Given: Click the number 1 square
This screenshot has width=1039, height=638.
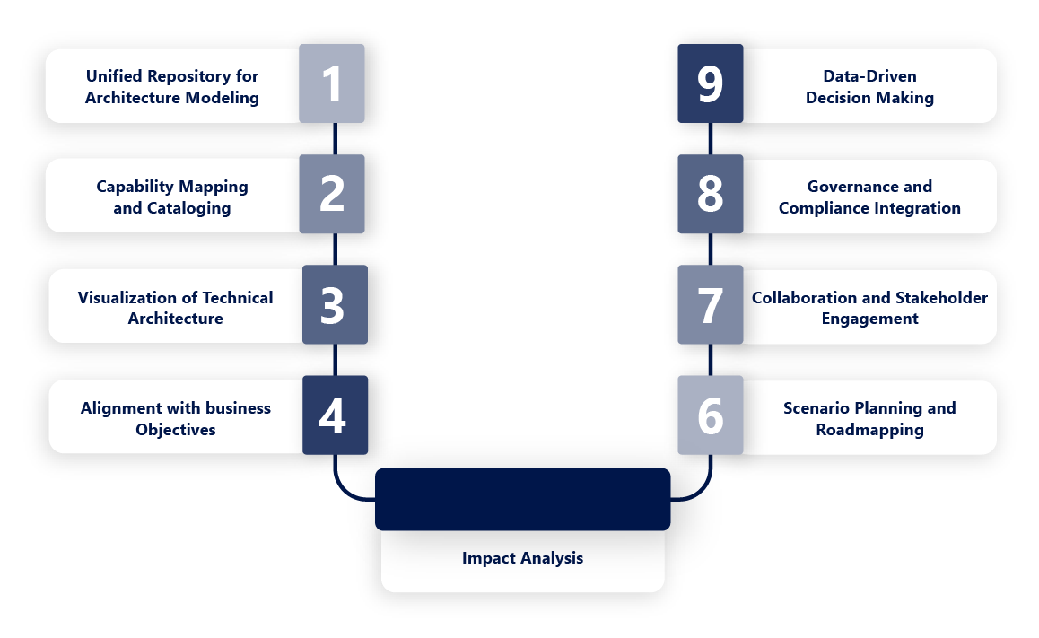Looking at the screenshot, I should point(332,83).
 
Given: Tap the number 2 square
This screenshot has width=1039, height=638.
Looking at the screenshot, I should point(332,194).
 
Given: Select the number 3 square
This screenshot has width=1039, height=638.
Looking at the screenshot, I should point(334,304).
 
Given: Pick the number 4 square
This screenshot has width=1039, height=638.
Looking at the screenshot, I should point(334,415).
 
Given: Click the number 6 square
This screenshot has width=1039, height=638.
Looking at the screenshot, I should point(710,415).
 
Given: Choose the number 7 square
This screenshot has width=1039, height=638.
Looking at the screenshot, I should point(710,304).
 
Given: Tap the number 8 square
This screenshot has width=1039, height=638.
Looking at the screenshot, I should point(710,194).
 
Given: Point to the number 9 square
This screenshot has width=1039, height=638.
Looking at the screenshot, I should point(710,83).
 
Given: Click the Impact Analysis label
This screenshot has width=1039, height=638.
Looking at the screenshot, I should point(522,558).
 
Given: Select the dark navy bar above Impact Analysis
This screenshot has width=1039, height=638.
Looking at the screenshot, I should point(522,499).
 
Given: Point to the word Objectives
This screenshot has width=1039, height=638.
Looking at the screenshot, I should point(176,430).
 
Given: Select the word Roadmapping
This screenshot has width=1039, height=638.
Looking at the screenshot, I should point(869,430).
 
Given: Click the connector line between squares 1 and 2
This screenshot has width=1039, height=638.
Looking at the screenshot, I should point(334,138).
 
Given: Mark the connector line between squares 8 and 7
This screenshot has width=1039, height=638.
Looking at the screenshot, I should point(710,249).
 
